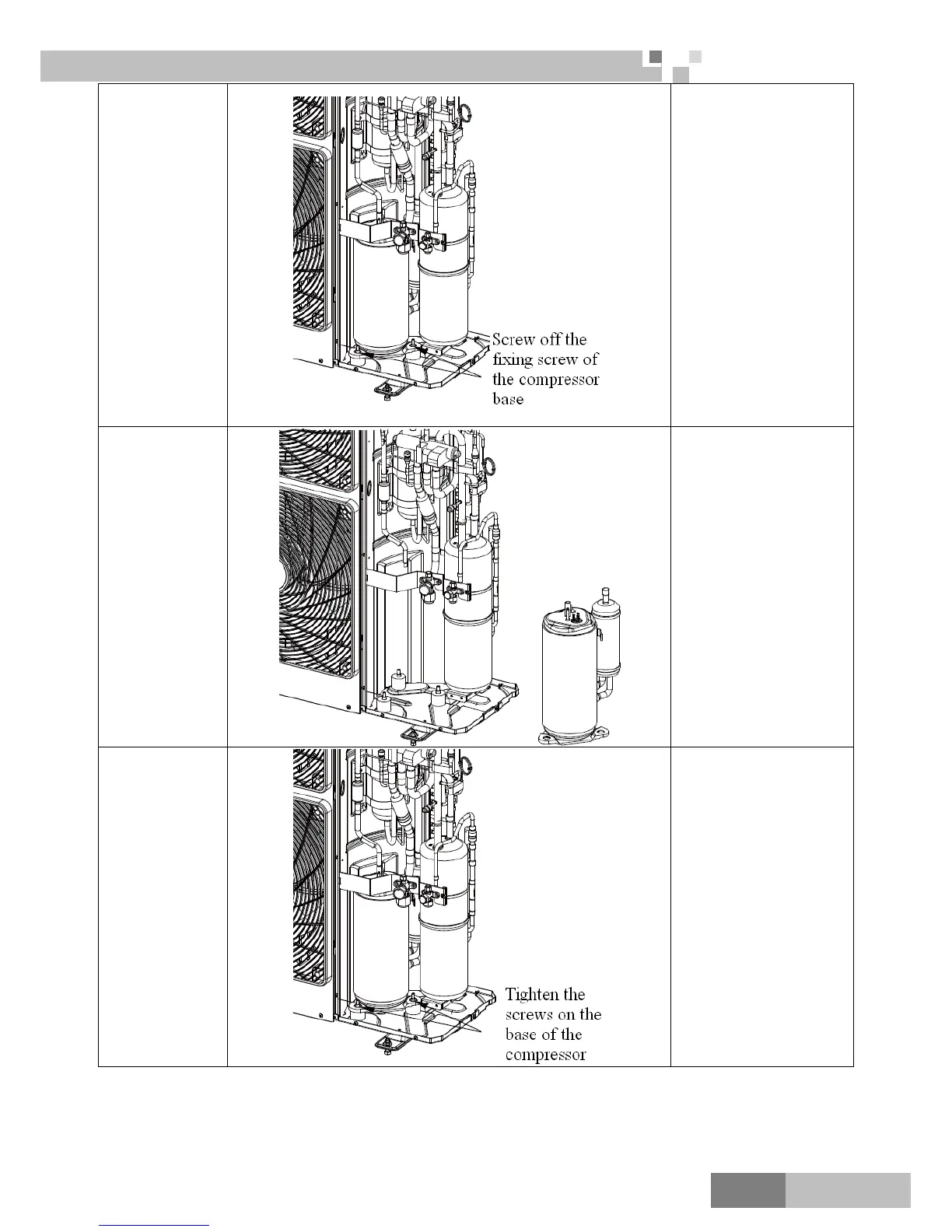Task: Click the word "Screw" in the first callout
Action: tap(513, 340)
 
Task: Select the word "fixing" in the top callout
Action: tap(516, 360)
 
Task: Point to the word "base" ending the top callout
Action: tap(508, 400)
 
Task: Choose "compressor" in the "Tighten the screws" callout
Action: tap(545, 1055)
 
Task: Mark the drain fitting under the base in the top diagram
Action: tap(387, 391)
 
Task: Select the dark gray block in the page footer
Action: tap(747, 1190)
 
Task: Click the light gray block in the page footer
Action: tap(847, 1190)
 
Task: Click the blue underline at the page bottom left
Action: tap(155, 1225)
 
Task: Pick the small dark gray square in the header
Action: tap(655, 57)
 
